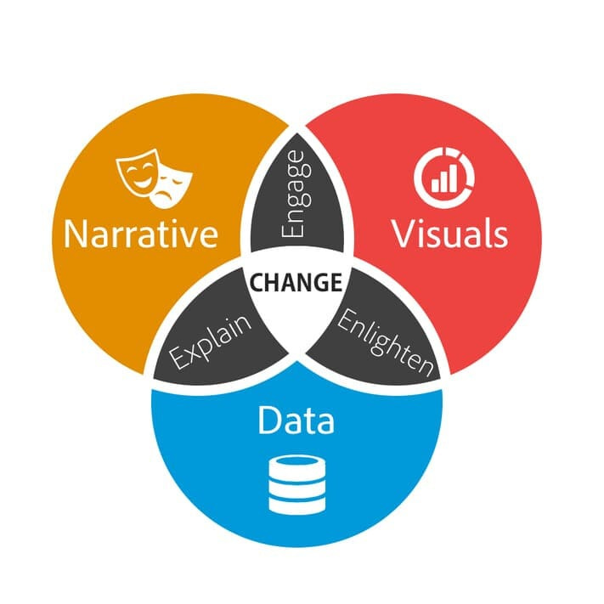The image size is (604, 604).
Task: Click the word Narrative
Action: pyautogui.click(x=141, y=233)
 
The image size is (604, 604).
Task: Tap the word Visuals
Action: pyautogui.click(x=449, y=233)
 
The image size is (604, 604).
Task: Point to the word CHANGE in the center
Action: pyautogui.click(x=296, y=282)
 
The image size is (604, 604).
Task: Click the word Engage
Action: pyautogui.click(x=296, y=205)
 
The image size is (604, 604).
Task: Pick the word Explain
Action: pyautogui.click(x=212, y=343)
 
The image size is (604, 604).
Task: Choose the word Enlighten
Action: pyautogui.click(x=385, y=343)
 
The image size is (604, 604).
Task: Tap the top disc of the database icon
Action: pyautogui.click(x=296, y=466)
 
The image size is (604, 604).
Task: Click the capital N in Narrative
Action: pyautogui.click(x=77, y=233)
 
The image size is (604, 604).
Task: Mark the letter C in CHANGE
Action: pyautogui.click(x=257, y=282)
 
